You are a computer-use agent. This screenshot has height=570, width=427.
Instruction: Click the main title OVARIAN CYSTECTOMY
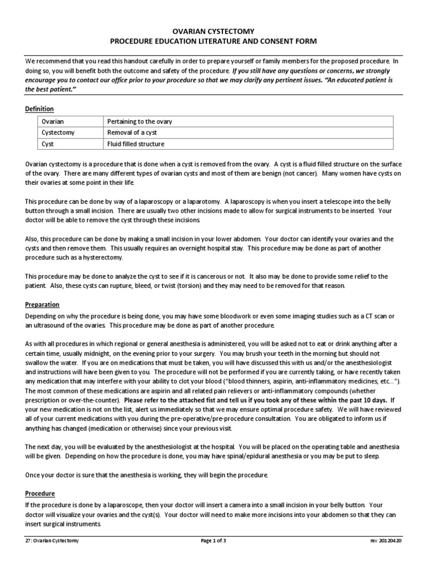pyautogui.click(x=213, y=32)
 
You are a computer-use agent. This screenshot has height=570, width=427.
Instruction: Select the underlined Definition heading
pyautogui.click(x=39, y=109)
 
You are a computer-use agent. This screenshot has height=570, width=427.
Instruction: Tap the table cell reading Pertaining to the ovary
pyautogui.click(x=141, y=122)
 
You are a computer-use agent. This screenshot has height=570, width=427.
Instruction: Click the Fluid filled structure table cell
pyautogui.click(x=136, y=144)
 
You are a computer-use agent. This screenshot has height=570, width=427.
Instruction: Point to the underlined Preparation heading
pyautogui.click(x=42, y=304)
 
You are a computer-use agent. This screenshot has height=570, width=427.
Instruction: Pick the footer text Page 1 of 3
pyautogui.click(x=213, y=540)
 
